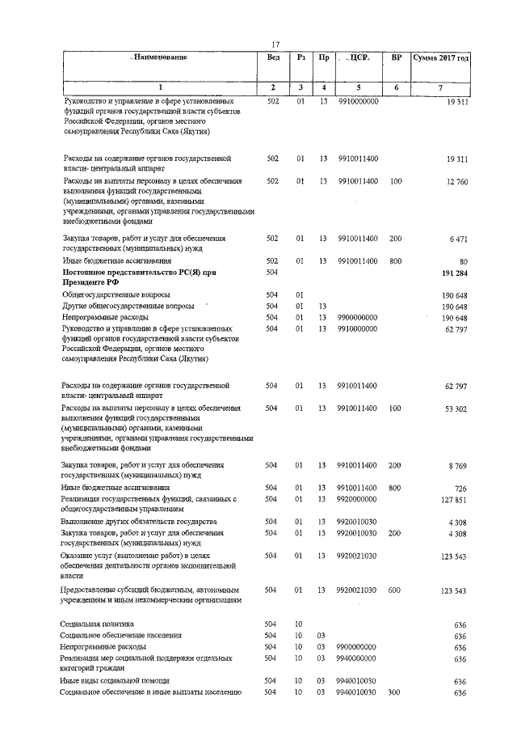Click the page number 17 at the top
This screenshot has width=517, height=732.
(x=275, y=44)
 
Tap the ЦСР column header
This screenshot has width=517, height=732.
(x=358, y=58)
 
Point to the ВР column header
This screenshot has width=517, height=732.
(x=396, y=58)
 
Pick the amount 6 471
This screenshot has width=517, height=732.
(x=457, y=239)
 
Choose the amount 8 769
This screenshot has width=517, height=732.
(x=457, y=466)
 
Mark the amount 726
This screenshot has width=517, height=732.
(x=460, y=489)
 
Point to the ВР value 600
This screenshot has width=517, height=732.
(x=395, y=591)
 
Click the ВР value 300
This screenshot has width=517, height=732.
(x=395, y=692)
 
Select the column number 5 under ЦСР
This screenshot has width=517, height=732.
(x=358, y=87)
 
